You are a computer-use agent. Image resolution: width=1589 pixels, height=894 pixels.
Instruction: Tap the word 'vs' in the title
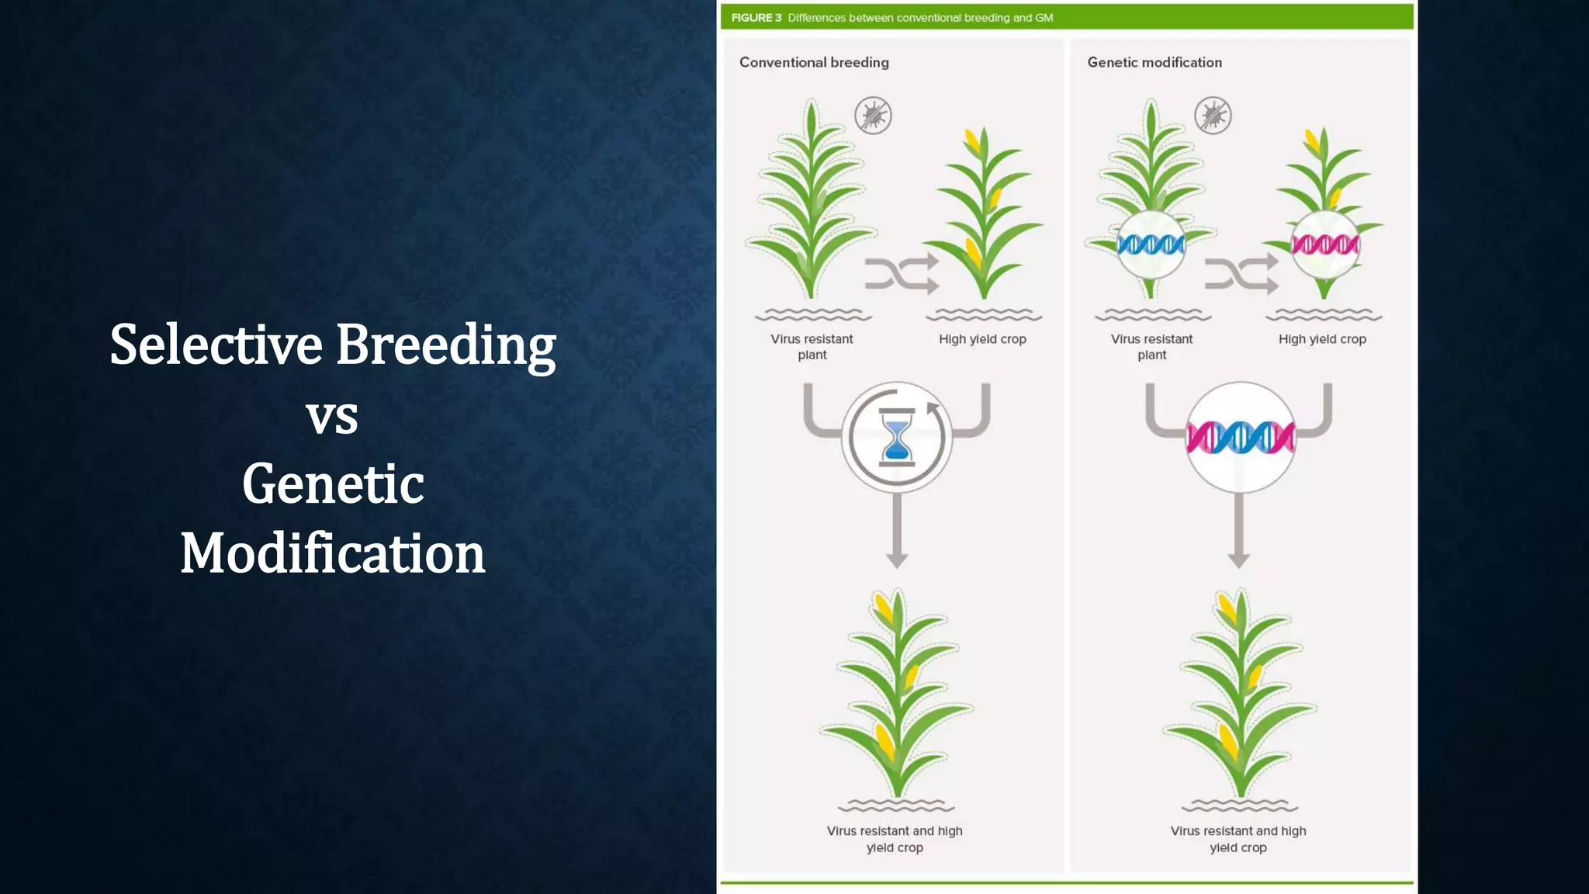coord(332,417)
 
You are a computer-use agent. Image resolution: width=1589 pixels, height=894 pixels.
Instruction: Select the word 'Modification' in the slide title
coord(332,553)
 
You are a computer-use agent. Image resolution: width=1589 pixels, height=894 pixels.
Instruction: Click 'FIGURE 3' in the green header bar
coord(756,17)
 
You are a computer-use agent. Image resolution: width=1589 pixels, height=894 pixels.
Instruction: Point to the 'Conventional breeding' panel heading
coord(814,62)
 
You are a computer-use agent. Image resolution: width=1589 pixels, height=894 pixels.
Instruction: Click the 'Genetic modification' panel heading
coord(1154,62)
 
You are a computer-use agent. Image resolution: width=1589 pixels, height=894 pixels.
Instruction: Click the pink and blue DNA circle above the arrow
coord(1240,438)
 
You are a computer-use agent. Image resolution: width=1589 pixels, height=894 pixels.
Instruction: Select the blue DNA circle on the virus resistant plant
coord(1151,245)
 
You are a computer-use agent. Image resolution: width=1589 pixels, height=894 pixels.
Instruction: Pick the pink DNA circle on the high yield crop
coord(1324,245)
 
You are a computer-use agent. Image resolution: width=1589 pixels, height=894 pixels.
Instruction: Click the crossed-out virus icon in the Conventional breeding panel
coord(873,116)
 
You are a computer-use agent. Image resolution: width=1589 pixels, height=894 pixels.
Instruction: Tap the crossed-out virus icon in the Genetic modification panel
coord(1213,116)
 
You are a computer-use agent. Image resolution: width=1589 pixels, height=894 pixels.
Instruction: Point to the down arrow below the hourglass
coord(897,535)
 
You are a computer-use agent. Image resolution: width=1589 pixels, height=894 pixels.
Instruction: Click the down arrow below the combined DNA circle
coord(1239,535)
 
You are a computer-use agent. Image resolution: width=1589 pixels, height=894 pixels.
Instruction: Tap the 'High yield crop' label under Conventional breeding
coord(982,339)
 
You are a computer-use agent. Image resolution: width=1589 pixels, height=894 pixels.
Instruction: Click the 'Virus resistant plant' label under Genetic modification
coord(1151,347)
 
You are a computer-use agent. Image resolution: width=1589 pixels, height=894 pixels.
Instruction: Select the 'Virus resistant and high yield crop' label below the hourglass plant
coord(895,839)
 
